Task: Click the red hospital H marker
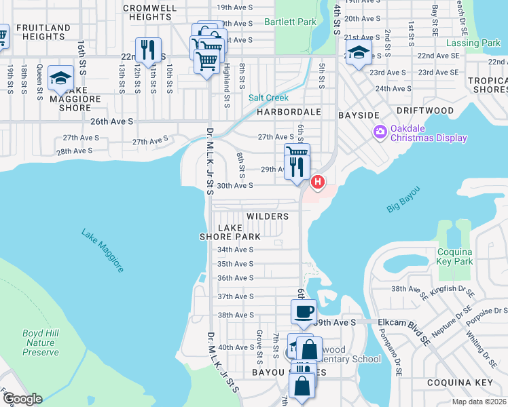click(x=317, y=182)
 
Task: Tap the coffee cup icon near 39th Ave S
click(x=304, y=311)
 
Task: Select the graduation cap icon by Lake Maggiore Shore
click(x=60, y=78)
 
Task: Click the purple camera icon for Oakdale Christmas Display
click(x=379, y=130)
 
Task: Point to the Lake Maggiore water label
click(x=103, y=250)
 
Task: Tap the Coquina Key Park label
click(x=454, y=256)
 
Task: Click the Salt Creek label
click(x=268, y=98)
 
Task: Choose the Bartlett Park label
click(x=290, y=22)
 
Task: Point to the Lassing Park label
click(x=477, y=43)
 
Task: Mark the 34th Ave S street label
click(x=235, y=249)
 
